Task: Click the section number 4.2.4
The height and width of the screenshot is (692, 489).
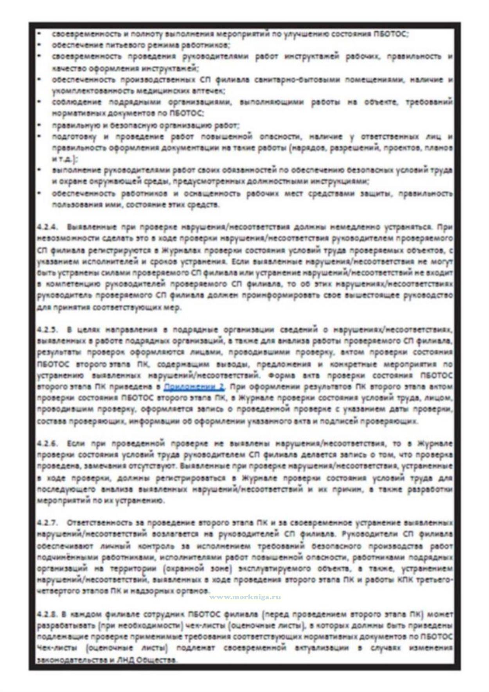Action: [x=47, y=227]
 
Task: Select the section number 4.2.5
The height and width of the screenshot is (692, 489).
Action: [x=47, y=330]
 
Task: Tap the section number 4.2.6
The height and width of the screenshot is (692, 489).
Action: [x=47, y=444]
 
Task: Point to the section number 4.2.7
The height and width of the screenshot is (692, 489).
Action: [x=47, y=523]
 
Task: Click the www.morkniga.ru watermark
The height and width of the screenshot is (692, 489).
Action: [x=245, y=597]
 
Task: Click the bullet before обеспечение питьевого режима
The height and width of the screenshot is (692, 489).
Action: [x=40, y=45]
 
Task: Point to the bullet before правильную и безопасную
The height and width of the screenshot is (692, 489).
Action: [x=40, y=125]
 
